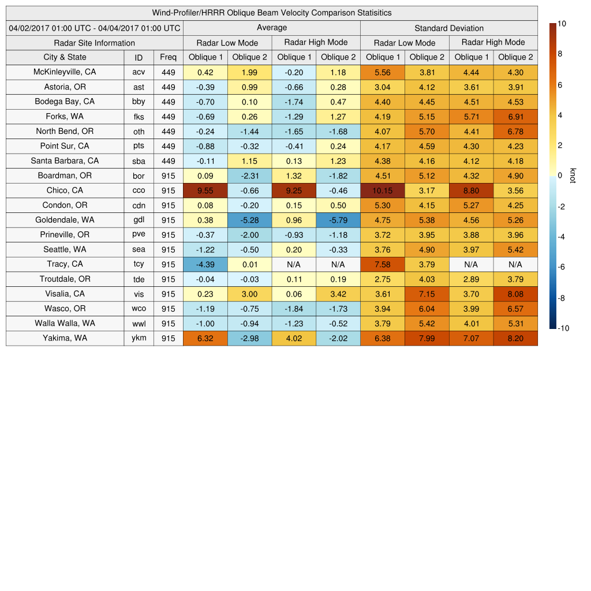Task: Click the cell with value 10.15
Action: point(382,190)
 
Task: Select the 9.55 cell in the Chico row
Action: point(205,190)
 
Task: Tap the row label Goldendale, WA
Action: point(65,220)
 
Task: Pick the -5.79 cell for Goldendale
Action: point(338,220)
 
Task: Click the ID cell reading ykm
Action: point(139,339)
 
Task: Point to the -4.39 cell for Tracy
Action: point(205,264)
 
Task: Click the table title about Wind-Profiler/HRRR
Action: point(272,13)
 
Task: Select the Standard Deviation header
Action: point(449,28)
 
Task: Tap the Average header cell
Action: point(272,28)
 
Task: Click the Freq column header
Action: point(168,57)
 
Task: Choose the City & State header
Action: point(65,57)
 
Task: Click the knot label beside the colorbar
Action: point(573,175)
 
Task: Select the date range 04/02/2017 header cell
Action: point(95,28)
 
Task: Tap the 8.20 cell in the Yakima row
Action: point(515,339)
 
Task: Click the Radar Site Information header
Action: point(95,43)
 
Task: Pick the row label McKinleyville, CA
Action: point(65,72)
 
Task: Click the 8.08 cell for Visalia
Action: point(515,294)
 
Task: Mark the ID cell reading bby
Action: point(139,102)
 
